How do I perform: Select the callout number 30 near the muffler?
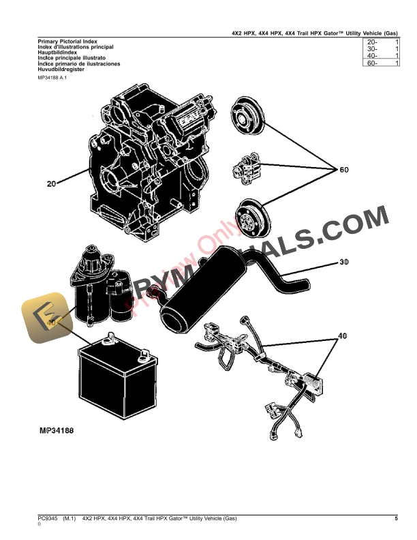(344, 262)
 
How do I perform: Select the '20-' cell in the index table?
(372, 42)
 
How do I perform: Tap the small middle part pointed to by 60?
(247, 166)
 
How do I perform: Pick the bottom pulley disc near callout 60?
(247, 219)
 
